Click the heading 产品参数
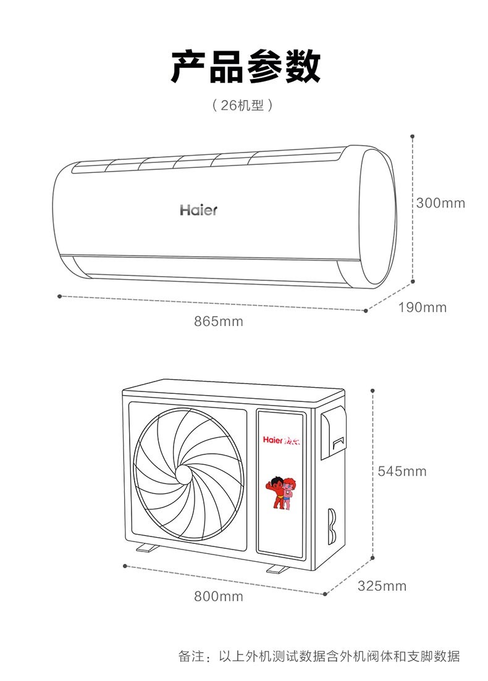point(245,67)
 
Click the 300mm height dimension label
point(440,203)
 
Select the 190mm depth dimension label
point(423,307)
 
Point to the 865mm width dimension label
point(219,322)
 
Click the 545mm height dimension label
point(402,471)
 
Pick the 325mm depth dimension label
point(382,586)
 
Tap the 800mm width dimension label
point(219,596)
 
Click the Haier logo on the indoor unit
point(198,210)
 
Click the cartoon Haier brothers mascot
point(281,493)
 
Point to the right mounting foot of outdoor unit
point(277,568)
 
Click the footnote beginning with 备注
point(319,656)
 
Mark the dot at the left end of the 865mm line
point(59,296)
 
